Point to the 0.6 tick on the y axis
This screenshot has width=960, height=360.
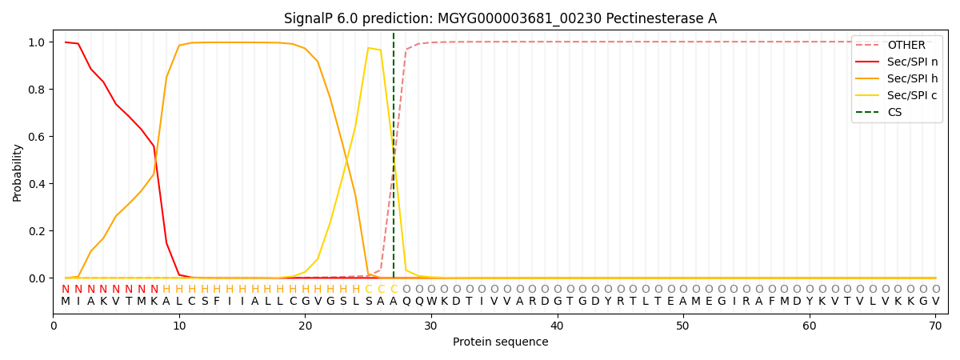click(x=38, y=137)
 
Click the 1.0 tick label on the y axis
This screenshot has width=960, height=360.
click(x=38, y=42)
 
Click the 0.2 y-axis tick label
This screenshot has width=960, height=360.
click(x=38, y=231)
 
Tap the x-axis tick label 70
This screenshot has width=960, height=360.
click(x=935, y=326)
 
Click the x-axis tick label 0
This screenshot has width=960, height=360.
click(x=54, y=326)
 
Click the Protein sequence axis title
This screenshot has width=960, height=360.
click(x=500, y=342)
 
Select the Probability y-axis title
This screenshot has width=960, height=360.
click(x=18, y=172)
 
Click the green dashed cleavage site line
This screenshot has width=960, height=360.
click(x=394, y=160)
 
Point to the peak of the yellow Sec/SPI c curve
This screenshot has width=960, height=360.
click(x=369, y=48)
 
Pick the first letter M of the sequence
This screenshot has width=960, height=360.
click(x=66, y=302)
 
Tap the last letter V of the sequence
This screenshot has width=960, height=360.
click(x=935, y=302)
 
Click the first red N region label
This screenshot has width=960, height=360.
click(x=66, y=289)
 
